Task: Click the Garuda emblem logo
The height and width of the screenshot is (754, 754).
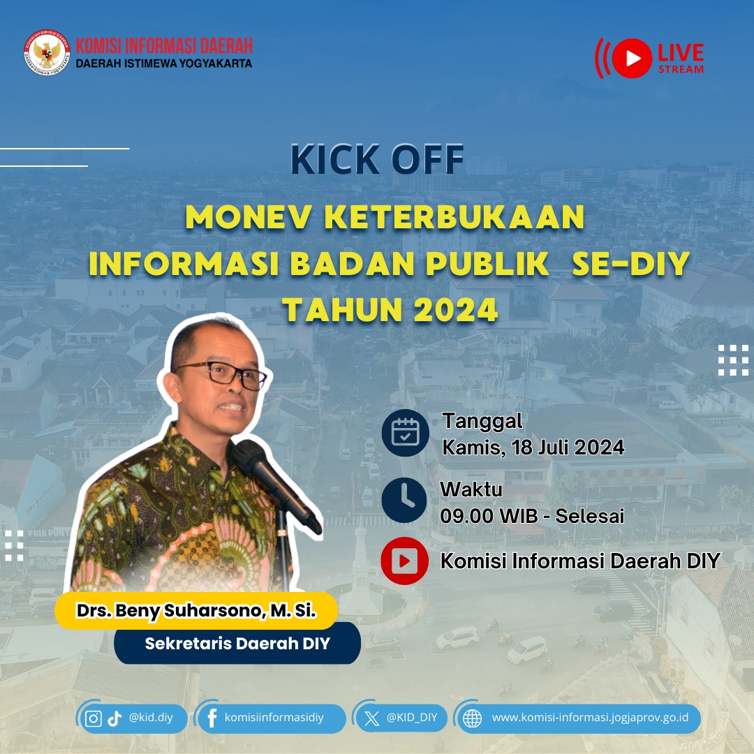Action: point(47,53)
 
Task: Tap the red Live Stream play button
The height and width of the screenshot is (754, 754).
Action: point(633,58)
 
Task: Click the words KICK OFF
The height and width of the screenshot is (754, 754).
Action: point(377,160)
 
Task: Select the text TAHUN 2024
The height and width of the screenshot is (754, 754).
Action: point(390,310)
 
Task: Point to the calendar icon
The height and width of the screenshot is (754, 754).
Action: point(404,433)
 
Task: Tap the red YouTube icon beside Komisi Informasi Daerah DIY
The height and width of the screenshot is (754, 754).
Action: point(404,561)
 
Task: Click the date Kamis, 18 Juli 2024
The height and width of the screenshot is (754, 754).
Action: point(533,447)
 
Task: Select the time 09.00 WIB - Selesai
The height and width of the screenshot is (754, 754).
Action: point(532,516)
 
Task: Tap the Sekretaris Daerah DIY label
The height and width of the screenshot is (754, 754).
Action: point(237,643)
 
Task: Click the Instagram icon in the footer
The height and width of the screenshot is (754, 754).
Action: point(94,718)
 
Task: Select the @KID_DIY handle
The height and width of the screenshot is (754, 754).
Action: point(412,718)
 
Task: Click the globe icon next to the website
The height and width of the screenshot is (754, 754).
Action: point(473,718)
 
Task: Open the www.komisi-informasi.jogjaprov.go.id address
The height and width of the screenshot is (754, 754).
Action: point(590,718)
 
